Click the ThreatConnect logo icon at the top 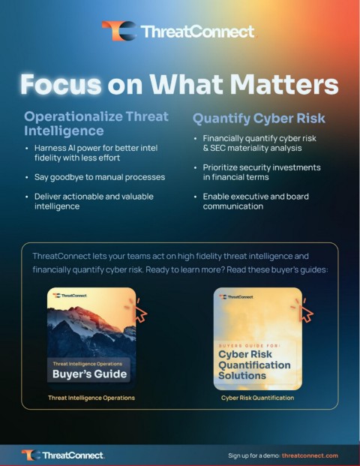coord(119,31)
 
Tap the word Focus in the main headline coord(61,84)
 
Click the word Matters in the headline coord(284,84)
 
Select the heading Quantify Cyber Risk coord(259,119)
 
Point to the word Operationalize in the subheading coord(73,116)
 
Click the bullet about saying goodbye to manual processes coord(100,177)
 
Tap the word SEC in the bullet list coord(218,148)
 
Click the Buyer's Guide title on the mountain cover coord(89,374)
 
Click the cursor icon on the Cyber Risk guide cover coord(303,311)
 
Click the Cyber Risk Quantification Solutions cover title coord(254,365)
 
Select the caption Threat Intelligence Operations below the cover coord(91,398)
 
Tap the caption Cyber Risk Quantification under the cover coord(257,398)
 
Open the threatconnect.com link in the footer coord(310,455)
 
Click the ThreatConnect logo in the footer coord(63,455)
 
